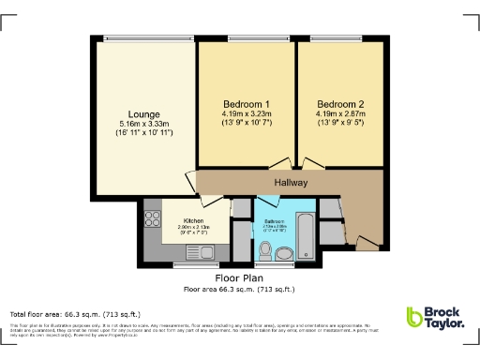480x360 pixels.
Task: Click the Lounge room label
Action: (144, 114)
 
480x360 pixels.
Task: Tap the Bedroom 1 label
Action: (247, 103)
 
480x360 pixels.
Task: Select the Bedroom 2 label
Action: (339, 103)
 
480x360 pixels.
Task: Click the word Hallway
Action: (291, 183)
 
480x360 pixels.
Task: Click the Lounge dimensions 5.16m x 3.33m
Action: (144, 125)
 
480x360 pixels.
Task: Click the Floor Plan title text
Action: (238, 278)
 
